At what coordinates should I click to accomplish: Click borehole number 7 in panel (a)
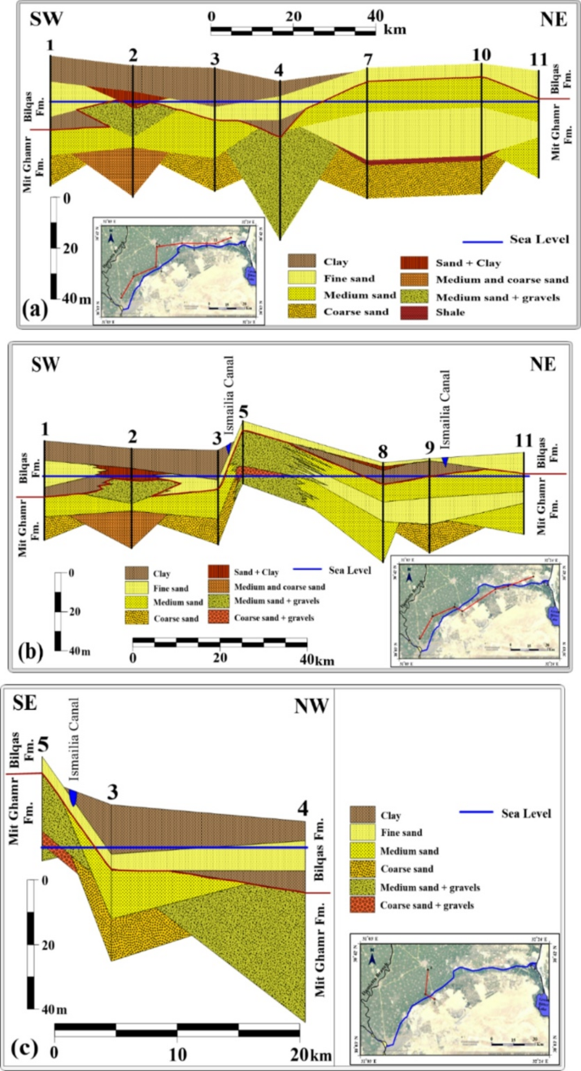point(367,60)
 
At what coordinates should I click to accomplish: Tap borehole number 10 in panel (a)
point(482,54)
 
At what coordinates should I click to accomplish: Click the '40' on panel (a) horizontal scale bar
point(376,14)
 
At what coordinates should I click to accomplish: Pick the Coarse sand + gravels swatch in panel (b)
point(219,617)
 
